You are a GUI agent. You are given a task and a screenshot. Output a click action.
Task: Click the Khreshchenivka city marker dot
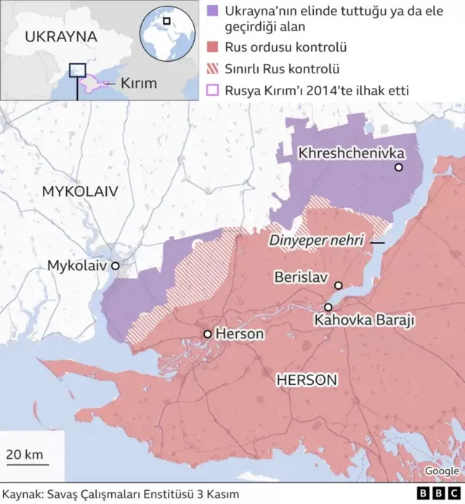tap(398, 168)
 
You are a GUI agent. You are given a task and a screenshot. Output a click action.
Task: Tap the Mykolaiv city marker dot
tap(115, 266)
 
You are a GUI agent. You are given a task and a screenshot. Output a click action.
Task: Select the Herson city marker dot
tap(208, 334)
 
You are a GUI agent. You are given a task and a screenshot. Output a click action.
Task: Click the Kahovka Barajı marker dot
tap(328, 307)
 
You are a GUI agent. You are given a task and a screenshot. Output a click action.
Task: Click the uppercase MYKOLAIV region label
tap(80, 191)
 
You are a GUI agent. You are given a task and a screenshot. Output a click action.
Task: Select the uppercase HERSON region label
tap(306, 380)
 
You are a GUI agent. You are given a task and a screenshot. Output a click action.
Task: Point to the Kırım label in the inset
tap(138, 84)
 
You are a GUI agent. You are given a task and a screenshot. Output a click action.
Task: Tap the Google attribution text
tap(442, 471)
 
